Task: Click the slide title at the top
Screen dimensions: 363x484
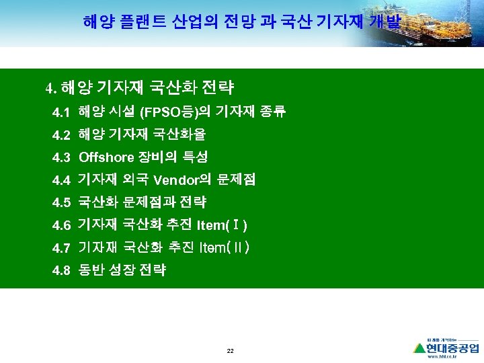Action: pyautogui.click(x=242, y=22)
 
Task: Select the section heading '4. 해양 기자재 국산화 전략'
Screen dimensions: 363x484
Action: pyautogui.click(x=140, y=87)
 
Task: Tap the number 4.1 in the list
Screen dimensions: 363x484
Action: pyautogui.click(x=61, y=112)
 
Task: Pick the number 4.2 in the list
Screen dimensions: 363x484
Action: pyautogui.click(x=61, y=135)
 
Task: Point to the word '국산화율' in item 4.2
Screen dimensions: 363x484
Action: pyautogui.click(x=182, y=134)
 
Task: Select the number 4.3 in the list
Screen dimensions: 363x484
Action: pyautogui.click(x=61, y=158)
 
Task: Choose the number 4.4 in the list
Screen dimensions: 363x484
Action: pyautogui.click(x=61, y=180)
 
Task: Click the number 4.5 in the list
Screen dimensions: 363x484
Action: pyautogui.click(x=61, y=202)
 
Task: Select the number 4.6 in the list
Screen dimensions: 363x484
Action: pyautogui.click(x=61, y=225)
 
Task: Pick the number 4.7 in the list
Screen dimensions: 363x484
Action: pyautogui.click(x=61, y=248)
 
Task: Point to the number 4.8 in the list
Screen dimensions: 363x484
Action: pyautogui.click(x=61, y=271)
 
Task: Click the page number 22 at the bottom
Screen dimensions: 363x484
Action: pyautogui.click(x=231, y=352)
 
